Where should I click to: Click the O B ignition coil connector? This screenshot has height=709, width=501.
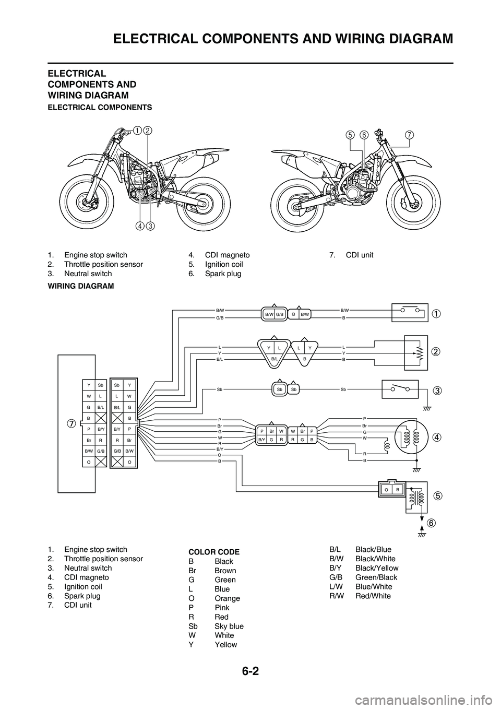click(x=391, y=490)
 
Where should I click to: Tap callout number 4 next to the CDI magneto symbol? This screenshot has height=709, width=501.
click(x=436, y=437)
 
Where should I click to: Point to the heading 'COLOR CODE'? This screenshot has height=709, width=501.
click(x=213, y=552)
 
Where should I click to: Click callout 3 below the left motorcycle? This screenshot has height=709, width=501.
click(x=150, y=226)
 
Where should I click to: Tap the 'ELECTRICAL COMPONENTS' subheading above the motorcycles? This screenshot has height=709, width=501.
click(x=100, y=107)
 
